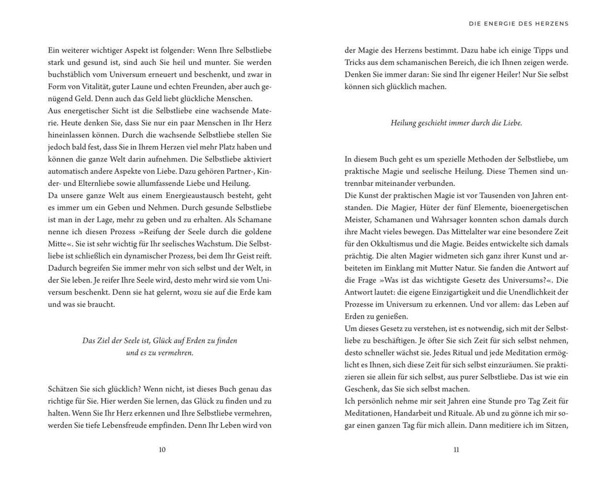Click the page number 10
pos(162,450)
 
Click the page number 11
pos(456,450)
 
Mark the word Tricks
pos(355,62)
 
